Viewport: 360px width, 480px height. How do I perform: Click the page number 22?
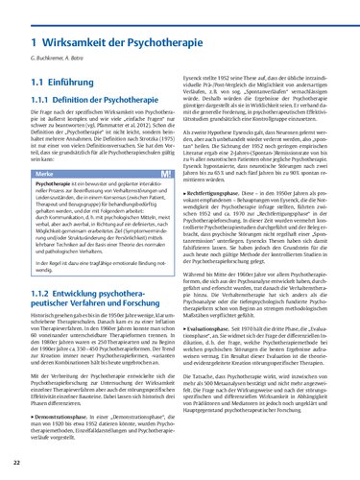(x=18, y=464)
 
